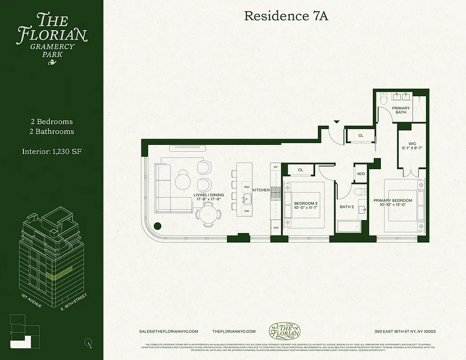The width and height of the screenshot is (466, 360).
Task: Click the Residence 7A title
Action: tap(286, 16)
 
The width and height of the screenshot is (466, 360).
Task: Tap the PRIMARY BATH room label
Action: tap(401, 110)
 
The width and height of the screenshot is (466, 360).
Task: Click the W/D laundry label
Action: tap(361, 174)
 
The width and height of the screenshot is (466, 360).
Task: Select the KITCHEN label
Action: tap(261, 190)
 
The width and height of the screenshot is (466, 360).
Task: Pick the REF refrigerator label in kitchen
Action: tap(276, 228)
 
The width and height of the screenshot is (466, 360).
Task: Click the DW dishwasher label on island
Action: tap(246, 211)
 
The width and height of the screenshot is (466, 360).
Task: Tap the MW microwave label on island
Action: tap(246, 186)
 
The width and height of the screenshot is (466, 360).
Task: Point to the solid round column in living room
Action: tap(158, 226)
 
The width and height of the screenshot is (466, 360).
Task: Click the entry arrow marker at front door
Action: tap(336, 121)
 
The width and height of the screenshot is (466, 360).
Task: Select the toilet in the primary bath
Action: tap(382, 98)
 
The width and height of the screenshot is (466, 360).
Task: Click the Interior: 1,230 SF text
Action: tap(52, 151)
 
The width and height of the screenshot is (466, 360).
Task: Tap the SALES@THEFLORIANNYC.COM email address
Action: tap(169, 331)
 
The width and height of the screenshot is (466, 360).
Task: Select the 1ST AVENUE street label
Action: tap(32, 301)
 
